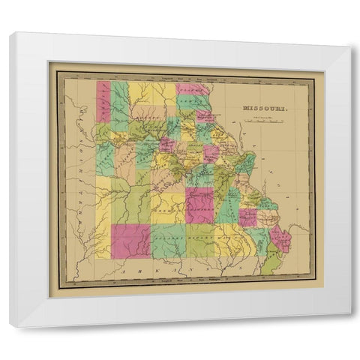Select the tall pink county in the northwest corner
point(103,101)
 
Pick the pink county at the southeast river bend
point(282,238)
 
